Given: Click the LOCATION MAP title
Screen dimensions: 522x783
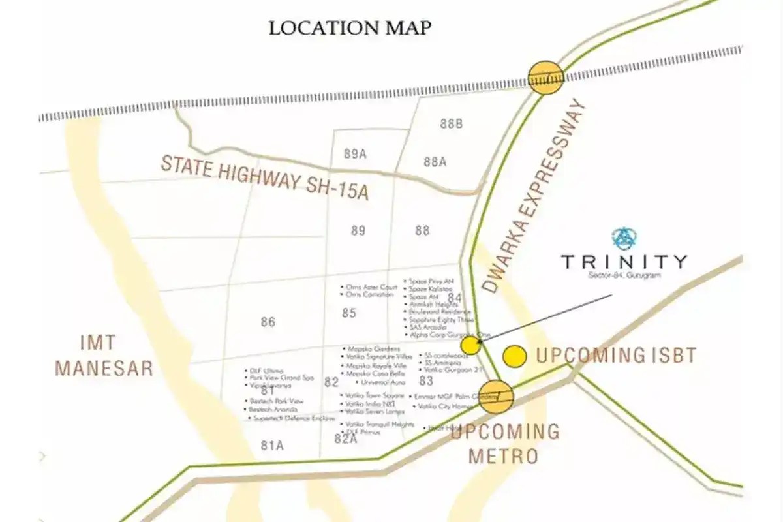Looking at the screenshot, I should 350,28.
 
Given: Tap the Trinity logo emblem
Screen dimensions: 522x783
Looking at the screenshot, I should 624,238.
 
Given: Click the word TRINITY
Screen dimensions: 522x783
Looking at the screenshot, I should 624,262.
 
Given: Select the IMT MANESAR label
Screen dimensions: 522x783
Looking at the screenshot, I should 104,355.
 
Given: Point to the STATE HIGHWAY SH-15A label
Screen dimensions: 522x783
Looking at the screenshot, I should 265,177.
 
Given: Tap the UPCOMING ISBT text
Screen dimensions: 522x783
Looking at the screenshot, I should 616,356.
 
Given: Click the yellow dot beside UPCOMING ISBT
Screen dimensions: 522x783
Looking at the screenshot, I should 515,356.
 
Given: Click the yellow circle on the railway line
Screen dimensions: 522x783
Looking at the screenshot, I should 545,78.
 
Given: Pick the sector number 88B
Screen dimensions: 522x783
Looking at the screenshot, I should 451,124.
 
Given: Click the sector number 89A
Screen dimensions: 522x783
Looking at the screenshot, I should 355,154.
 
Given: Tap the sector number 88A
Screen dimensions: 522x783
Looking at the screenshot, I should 435,162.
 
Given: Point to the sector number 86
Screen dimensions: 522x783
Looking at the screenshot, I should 268,322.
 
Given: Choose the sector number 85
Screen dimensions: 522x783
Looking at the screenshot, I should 349,313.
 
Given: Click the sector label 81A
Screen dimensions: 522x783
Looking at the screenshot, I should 272,446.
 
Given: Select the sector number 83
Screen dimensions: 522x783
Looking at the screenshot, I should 426,381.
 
